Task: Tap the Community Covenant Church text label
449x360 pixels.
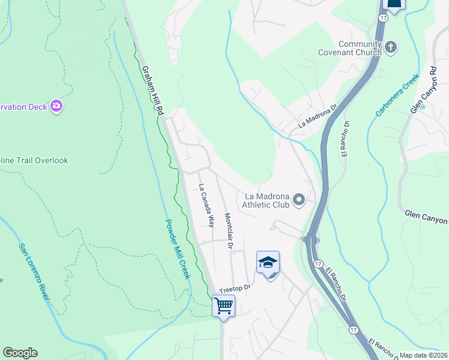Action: tap(360, 49)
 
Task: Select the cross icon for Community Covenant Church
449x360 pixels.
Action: tap(391, 47)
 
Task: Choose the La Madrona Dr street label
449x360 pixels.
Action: tap(319, 118)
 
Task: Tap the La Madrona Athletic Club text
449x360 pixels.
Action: tap(267, 200)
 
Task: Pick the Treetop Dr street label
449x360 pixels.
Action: tap(234, 289)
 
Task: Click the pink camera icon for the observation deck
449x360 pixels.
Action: tap(56, 106)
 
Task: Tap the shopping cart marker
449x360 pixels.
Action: tap(223, 305)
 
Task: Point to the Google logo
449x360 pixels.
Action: tap(20, 353)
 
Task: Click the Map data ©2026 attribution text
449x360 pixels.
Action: tap(423, 355)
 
